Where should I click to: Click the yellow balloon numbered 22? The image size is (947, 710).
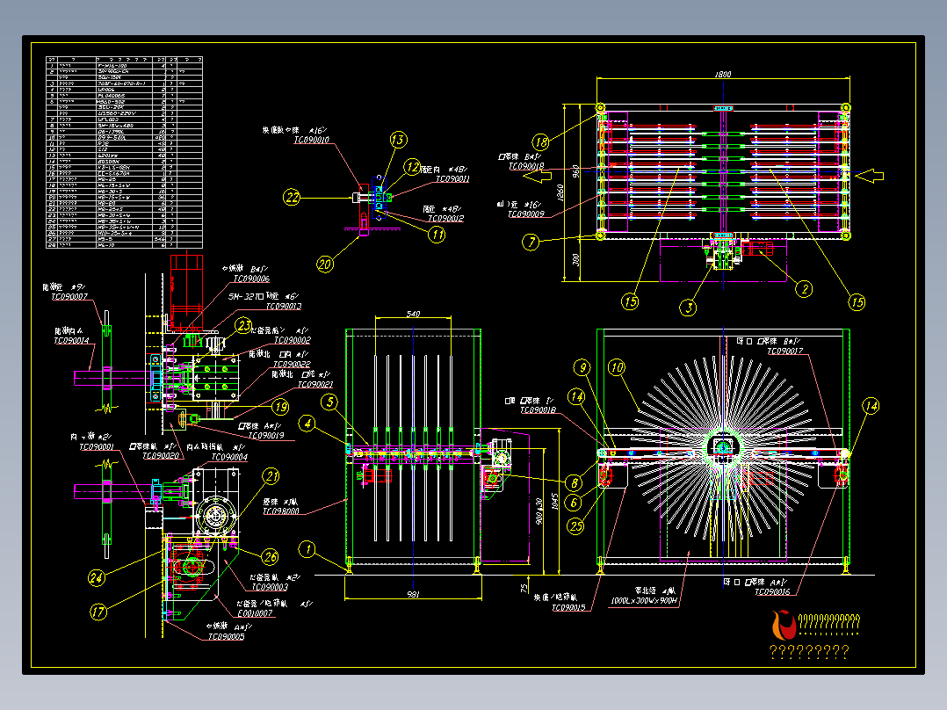292,197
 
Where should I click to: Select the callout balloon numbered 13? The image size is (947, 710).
398,140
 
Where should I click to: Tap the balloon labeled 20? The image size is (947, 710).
324,263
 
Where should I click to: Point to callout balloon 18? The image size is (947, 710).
541,141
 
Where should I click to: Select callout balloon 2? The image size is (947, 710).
803,287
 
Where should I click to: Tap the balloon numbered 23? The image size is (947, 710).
243,325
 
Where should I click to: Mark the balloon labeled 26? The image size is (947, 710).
269,555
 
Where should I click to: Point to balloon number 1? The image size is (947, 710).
307,550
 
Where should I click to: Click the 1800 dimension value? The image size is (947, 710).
722,75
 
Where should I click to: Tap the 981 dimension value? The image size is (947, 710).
412,595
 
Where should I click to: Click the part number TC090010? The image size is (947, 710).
312,140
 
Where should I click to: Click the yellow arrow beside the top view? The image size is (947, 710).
870,177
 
